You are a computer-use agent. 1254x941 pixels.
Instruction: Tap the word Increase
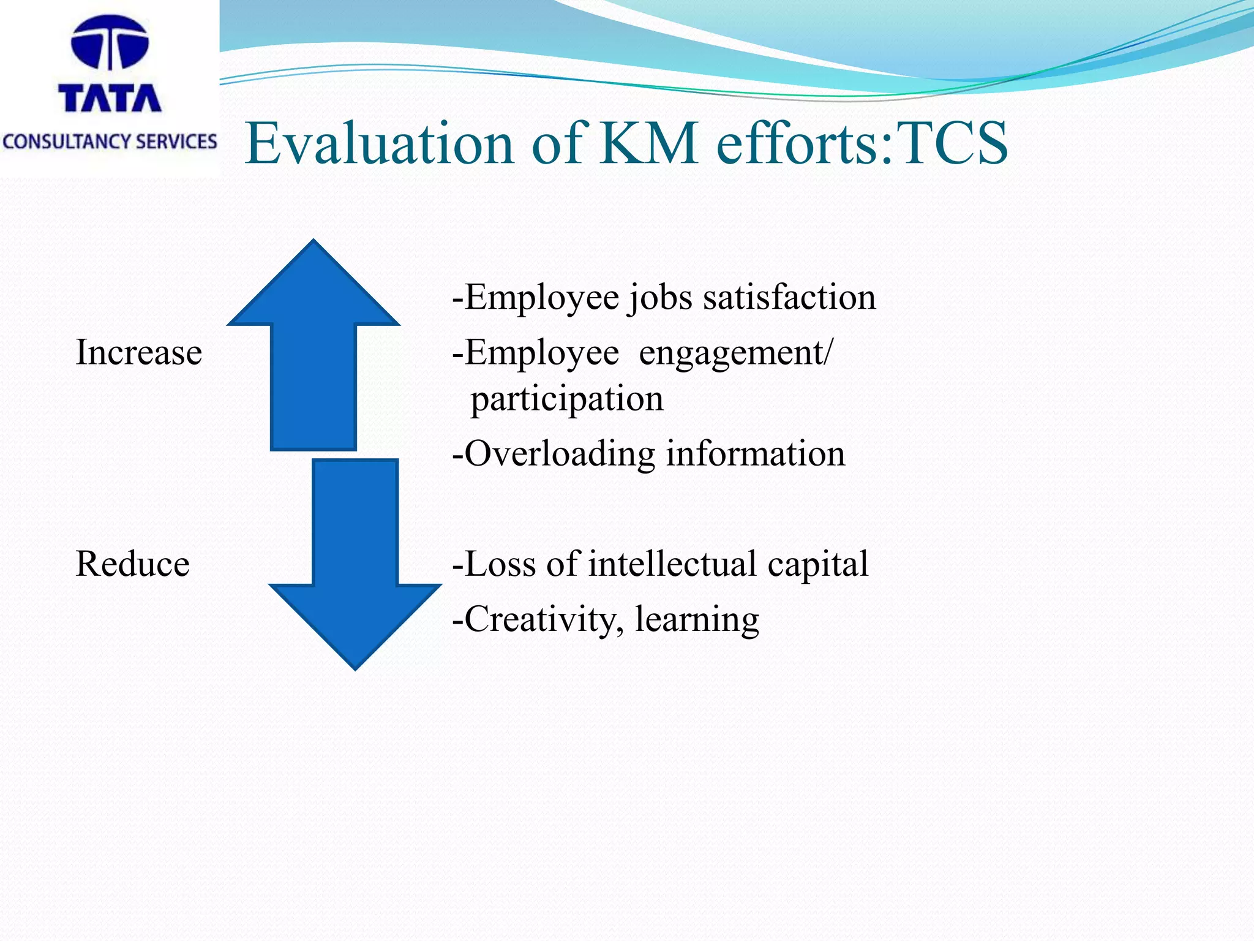pyautogui.click(x=138, y=353)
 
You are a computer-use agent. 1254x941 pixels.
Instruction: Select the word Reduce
pyautogui.click(x=132, y=564)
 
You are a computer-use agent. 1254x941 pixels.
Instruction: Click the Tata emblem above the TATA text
pyautogui.click(x=110, y=42)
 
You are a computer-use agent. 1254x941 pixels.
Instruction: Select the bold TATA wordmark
pyautogui.click(x=110, y=98)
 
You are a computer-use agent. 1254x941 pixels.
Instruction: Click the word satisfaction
pyautogui.click(x=789, y=298)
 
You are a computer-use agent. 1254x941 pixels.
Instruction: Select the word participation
pyautogui.click(x=567, y=399)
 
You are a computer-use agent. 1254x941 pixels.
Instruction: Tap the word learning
pyautogui.click(x=697, y=619)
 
